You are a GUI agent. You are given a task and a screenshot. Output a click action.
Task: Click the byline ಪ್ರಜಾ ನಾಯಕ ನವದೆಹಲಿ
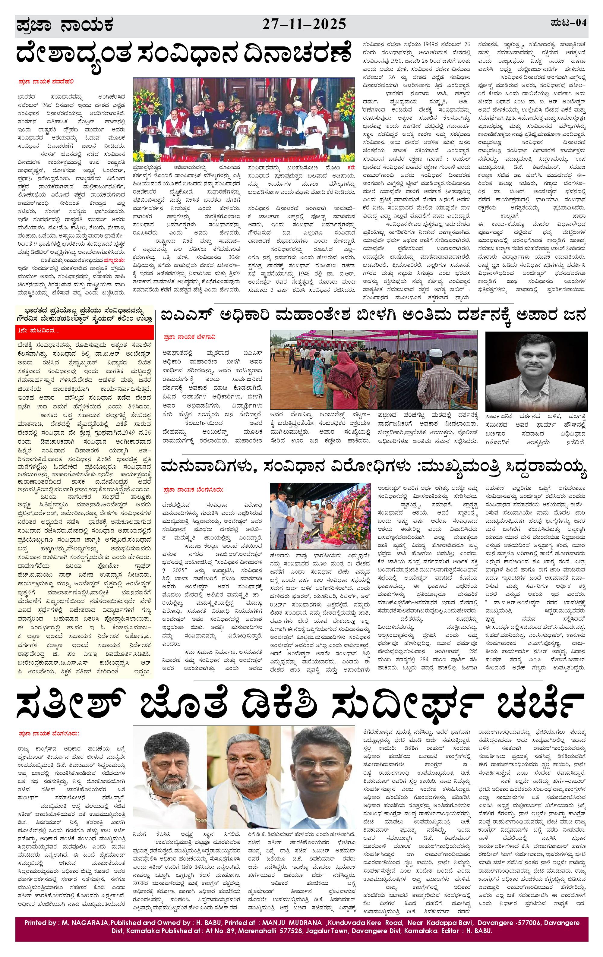[x=46, y=82]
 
